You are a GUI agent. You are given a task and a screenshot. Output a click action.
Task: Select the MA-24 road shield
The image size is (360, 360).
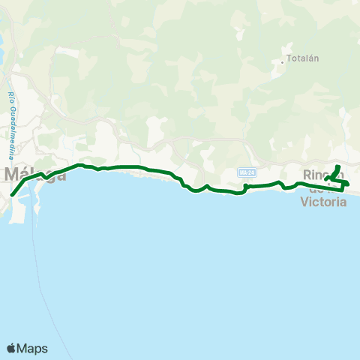coord(246,172)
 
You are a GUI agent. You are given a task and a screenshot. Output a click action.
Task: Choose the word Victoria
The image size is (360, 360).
coord(323,201)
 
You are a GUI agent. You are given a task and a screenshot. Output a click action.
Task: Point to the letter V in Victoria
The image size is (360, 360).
coord(304,201)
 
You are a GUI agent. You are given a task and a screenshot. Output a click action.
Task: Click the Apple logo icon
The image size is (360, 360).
coord(12,348)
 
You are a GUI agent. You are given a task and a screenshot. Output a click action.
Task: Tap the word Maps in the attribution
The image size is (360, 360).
coord(32,348)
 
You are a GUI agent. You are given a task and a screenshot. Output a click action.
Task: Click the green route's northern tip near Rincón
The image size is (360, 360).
coord(338,166)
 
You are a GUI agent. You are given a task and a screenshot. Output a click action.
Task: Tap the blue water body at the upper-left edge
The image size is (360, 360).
coord(3,45)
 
